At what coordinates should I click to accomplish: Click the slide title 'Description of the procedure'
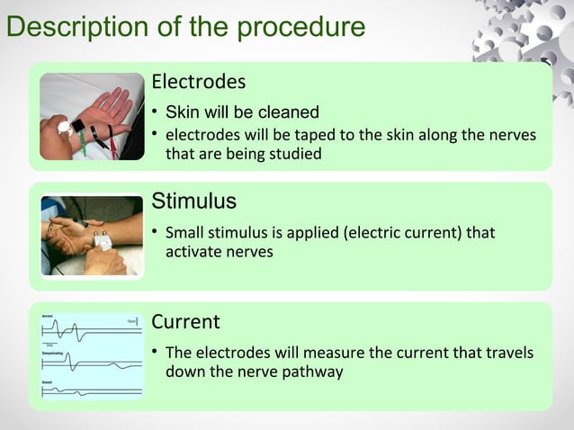tap(185, 27)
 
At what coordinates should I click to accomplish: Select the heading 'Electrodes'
tap(198, 82)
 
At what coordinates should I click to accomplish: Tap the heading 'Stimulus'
tap(193, 199)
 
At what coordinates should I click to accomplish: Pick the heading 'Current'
tap(185, 321)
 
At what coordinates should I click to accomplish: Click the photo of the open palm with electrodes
tap(92, 116)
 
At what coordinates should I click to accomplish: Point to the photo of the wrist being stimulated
tap(92, 236)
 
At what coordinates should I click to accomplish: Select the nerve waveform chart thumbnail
tap(92, 356)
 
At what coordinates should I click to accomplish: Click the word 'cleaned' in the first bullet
tap(289, 112)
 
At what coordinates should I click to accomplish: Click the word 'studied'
tap(293, 154)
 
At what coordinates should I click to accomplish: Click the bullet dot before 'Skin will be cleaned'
tap(155, 112)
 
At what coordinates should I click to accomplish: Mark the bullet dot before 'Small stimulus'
tap(155, 233)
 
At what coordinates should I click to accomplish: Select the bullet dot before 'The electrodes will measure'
tap(155, 352)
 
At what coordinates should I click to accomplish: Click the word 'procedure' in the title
tap(300, 27)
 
